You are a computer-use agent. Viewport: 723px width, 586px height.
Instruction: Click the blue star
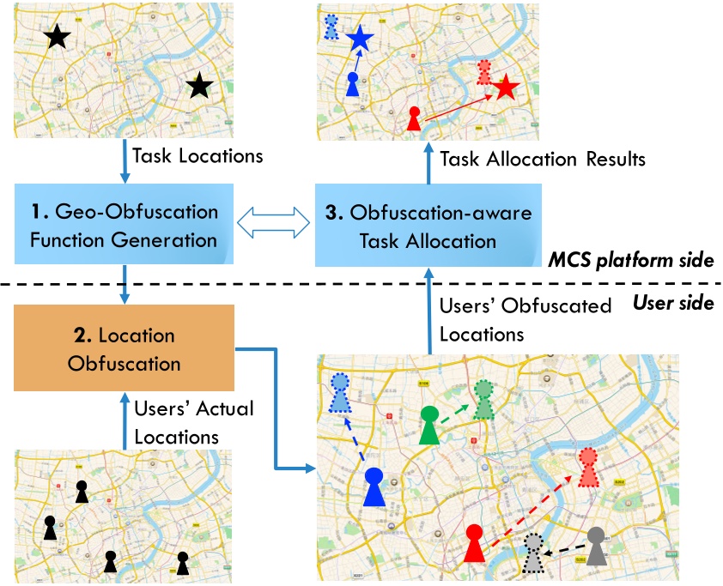[360, 37]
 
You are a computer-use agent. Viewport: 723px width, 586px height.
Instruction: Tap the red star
[505, 86]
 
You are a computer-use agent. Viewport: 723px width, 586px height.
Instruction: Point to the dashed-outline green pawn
[483, 400]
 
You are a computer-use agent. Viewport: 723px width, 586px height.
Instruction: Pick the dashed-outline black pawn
[534, 555]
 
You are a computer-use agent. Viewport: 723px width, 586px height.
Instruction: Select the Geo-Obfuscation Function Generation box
[124, 225]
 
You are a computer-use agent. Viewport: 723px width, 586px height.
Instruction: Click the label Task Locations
[197, 156]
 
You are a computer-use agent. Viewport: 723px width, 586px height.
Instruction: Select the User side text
[673, 301]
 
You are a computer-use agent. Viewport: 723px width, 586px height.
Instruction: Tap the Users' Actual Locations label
[195, 421]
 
